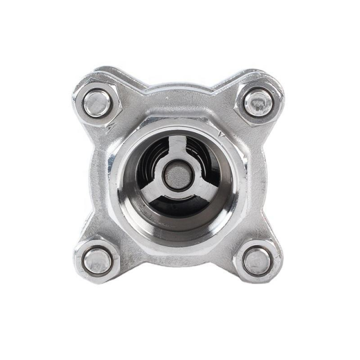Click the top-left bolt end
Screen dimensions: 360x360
click(x=96, y=103)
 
